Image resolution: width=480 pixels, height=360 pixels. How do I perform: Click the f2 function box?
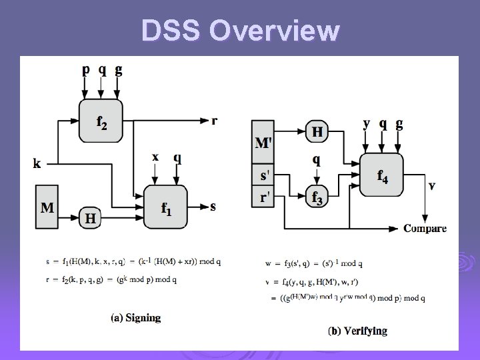pyautogui.click(x=100, y=121)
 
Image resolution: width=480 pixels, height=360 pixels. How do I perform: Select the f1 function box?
pyautogui.click(x=166, y=207)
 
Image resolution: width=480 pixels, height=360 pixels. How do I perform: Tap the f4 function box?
pyautogui.click(x=381, y=175)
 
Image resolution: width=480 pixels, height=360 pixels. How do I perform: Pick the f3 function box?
pyautogui.click(x=317, y=198)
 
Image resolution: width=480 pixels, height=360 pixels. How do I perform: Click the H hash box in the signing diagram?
pyautogui.click(x=89, y=217)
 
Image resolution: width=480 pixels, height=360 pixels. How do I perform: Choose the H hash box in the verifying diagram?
pyautogui.click(x=318, y=132)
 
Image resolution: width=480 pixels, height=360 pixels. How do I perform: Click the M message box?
pyautogui.click(x=47, y=208)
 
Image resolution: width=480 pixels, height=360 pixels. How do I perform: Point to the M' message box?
pyautogui.click(x=263, y=143)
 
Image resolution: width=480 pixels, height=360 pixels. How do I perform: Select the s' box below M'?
pyautogui.click(x=263, y=176)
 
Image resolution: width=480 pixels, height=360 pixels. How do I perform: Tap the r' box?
pyautogui.click(x=263, y=197)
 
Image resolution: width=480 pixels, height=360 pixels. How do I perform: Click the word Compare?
pyautogui.click(x=425, y=228)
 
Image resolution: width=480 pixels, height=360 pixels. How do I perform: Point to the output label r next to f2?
pyautogui.click(x=214, y=121)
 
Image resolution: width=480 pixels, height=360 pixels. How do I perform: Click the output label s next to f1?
pyautogui.click(x=213, y=206)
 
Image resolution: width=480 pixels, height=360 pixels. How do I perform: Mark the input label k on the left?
pyautogui.click(x=36, y=162)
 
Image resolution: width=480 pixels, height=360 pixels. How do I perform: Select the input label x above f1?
pyautogui.click(x=155, y=157)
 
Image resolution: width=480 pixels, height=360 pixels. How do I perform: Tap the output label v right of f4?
pyautogui.click(x=432, y=185)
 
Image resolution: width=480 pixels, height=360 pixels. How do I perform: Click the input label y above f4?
pyautogui.click(x=367, y=123)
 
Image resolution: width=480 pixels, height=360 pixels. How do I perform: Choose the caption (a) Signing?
pyautogui.click(x=135, y=317)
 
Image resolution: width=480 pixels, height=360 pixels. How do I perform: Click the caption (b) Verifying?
pyautogui.click(x=357, y=331)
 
